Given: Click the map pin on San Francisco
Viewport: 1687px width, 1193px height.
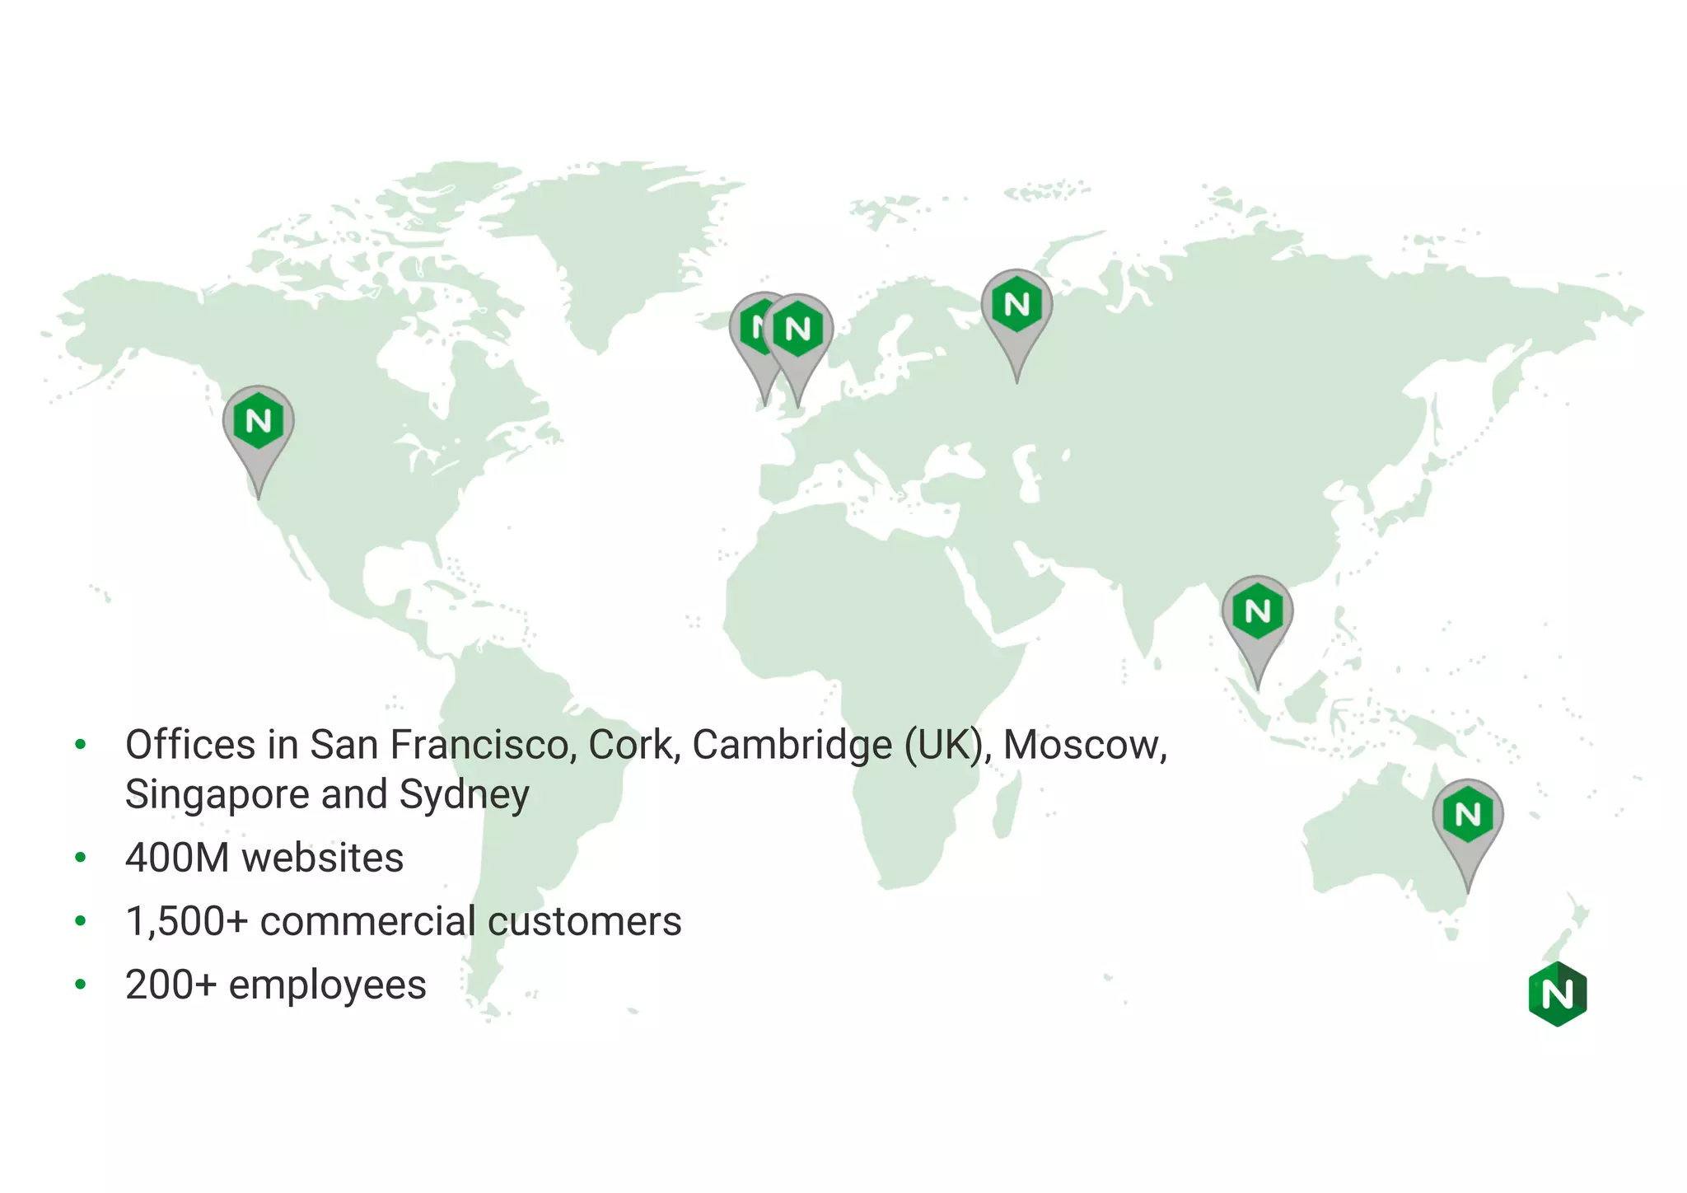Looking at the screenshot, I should coord(259,423).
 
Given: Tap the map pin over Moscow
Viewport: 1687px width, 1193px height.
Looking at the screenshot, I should coord(1016,306).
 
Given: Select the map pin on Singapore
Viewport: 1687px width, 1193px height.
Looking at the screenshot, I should coord(1257,613).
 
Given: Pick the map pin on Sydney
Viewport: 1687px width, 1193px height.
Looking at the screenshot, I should coord(1468,816).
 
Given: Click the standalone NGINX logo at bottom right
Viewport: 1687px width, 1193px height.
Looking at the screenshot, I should coord(1557,994).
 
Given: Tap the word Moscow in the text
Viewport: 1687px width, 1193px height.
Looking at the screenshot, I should coord(1084,745).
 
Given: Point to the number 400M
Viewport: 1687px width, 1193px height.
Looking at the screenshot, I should coord(177,858).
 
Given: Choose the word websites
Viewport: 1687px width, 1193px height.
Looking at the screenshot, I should coord(322,858).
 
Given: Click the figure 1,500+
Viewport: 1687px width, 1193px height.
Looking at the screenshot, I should coord(186,921).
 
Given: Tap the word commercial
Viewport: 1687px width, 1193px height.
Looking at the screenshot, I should coord(367,921).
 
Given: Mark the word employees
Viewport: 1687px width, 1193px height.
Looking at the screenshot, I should coord(327,985).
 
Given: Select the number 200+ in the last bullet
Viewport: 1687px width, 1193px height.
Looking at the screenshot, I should coord(171,985).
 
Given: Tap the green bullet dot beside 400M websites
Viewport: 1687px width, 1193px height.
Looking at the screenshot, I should coord(81,858).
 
